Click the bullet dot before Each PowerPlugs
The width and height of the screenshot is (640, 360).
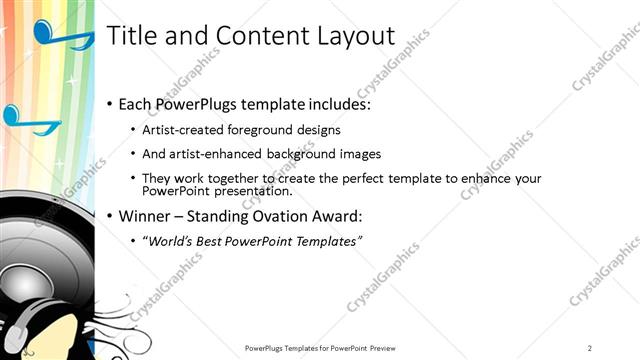(109, 104)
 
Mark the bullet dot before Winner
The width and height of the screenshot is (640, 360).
(109, 216)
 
